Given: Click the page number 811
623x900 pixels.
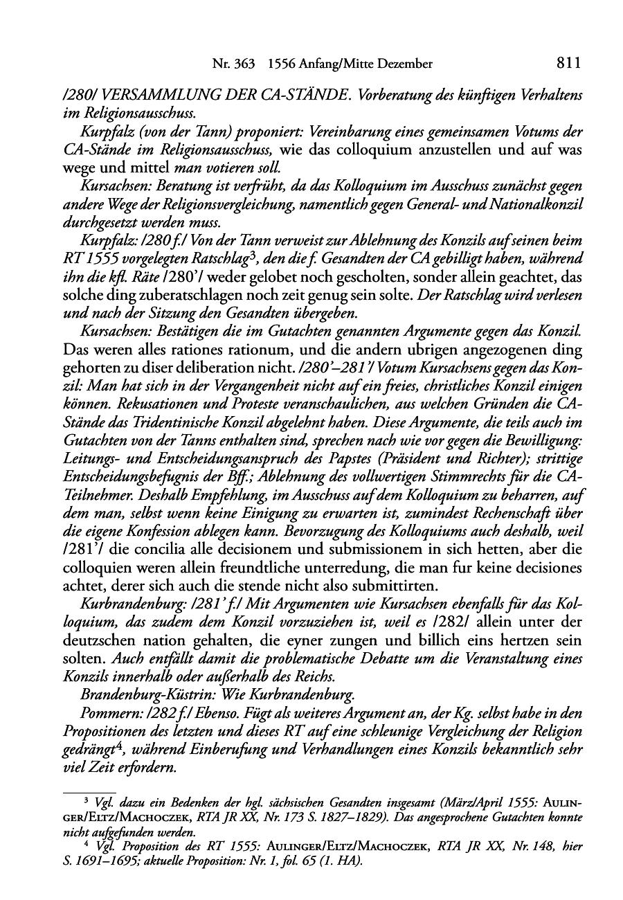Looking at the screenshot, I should pyautogui.click(x=567, y=64).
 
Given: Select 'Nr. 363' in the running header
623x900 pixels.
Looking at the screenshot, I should pyautogui.click(x=233, y=64).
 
